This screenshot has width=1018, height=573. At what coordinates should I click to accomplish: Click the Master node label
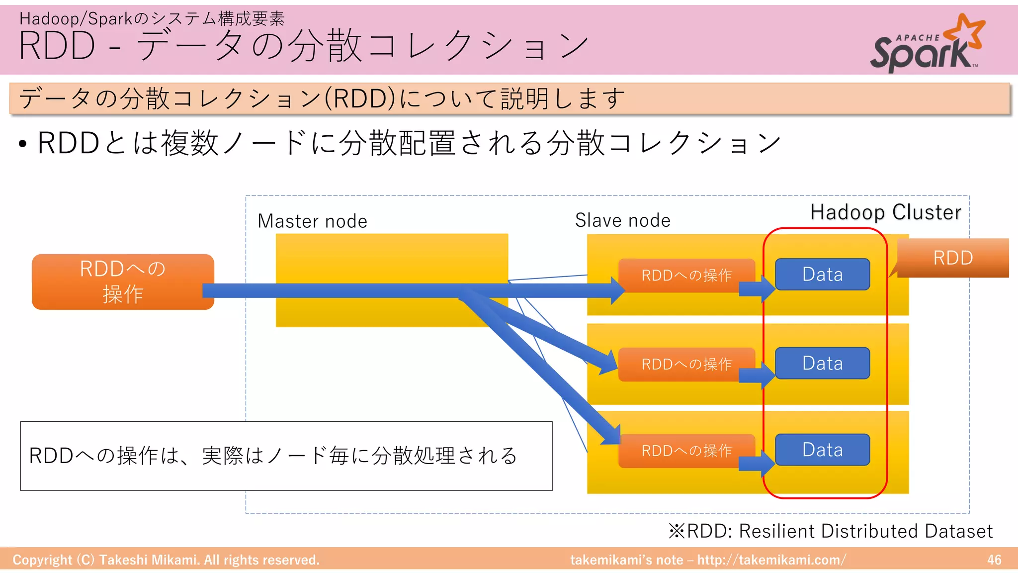point(312,221)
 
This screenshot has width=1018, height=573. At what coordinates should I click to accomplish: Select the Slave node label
point(622,220)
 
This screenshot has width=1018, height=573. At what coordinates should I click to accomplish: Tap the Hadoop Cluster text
point(885,212)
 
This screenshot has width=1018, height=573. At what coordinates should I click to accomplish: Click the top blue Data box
point(822,274)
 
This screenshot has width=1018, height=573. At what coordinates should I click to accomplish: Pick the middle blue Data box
point(822,363)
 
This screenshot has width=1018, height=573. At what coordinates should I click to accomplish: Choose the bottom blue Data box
point(822,450)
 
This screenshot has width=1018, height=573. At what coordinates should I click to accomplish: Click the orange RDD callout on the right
point(952,258)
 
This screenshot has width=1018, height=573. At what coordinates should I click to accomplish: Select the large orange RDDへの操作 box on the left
point(123,282)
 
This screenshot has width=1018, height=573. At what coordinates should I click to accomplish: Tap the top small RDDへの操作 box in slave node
point(686,275)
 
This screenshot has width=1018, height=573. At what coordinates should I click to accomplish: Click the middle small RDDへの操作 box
point(686,364)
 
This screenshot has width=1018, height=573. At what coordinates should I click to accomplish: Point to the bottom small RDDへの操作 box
point(686,451)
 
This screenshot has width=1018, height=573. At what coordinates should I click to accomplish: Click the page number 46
point(994,560)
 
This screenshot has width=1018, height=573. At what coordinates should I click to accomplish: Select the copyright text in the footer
point(166,560)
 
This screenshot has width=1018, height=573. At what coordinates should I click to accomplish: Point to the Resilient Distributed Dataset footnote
point(830,531)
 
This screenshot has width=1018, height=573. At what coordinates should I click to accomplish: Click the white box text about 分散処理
point(273,456)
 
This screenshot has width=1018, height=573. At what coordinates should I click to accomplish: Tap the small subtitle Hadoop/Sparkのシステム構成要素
point(152,18)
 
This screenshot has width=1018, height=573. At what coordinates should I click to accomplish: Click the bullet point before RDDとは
point(22,144)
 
